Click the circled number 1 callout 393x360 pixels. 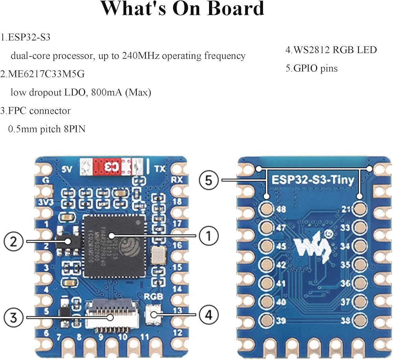[x=209, y=235]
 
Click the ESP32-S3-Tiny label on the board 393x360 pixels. [x=312, y=180]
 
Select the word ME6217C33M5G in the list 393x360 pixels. [x=48, y=74]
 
